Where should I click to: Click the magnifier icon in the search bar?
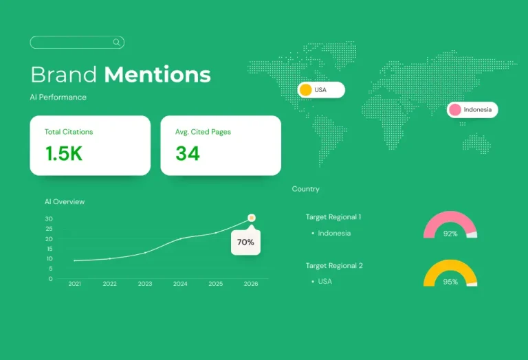(x=117, y=43)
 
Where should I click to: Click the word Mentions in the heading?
(x=157, y=74)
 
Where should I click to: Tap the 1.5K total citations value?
(x=63, y=154)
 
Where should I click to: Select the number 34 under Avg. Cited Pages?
(x=187, y=154)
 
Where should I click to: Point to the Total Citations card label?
(x=69, y=132)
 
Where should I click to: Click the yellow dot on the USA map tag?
(x=306, y=90)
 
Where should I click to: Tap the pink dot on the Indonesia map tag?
(x=454, y=110)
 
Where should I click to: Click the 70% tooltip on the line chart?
(x=245, y=242)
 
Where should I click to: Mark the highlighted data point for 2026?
(x=252, y=218)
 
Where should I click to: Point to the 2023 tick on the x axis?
(x=145, y=284)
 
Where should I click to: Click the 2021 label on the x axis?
(x=74, y=284)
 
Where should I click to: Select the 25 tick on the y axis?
(x=49, y=229)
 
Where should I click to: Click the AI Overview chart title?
(x=65, y=202)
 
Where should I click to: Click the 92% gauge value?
(x=450, y=234)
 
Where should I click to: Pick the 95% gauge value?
(x=450, y=282)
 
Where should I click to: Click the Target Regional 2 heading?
(x=334, y=266)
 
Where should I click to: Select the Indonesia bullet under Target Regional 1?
(x=334, y=234)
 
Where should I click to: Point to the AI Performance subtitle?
(x=58, y=98)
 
